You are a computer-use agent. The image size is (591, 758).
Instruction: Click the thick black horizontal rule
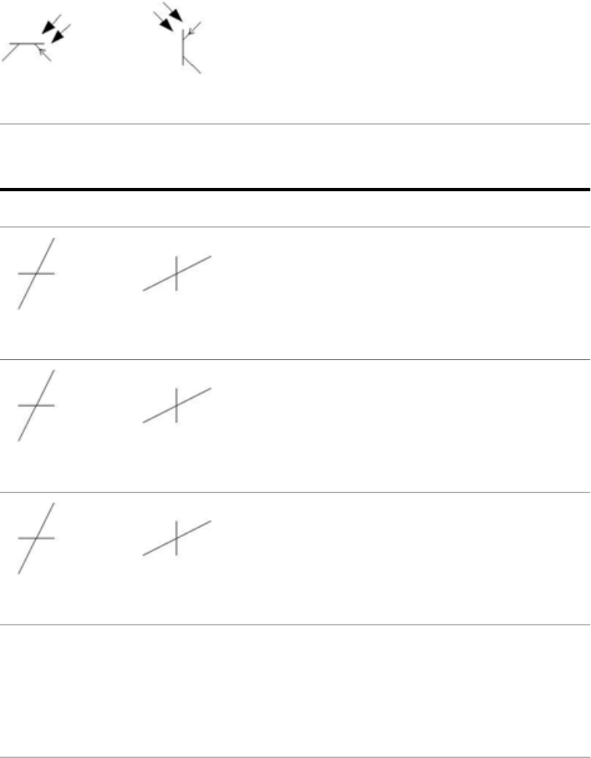295,190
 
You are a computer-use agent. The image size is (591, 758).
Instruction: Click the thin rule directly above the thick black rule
295,123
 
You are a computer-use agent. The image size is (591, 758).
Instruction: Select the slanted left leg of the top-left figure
11,52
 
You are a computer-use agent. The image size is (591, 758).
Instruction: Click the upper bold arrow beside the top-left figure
51,25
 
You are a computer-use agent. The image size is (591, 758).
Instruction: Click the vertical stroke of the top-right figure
183,47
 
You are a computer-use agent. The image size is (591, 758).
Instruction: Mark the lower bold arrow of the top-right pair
164,21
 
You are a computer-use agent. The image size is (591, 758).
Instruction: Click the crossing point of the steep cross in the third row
35,539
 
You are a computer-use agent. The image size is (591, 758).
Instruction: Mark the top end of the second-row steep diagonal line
54,371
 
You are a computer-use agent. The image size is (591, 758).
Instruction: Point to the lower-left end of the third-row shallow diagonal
144,555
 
